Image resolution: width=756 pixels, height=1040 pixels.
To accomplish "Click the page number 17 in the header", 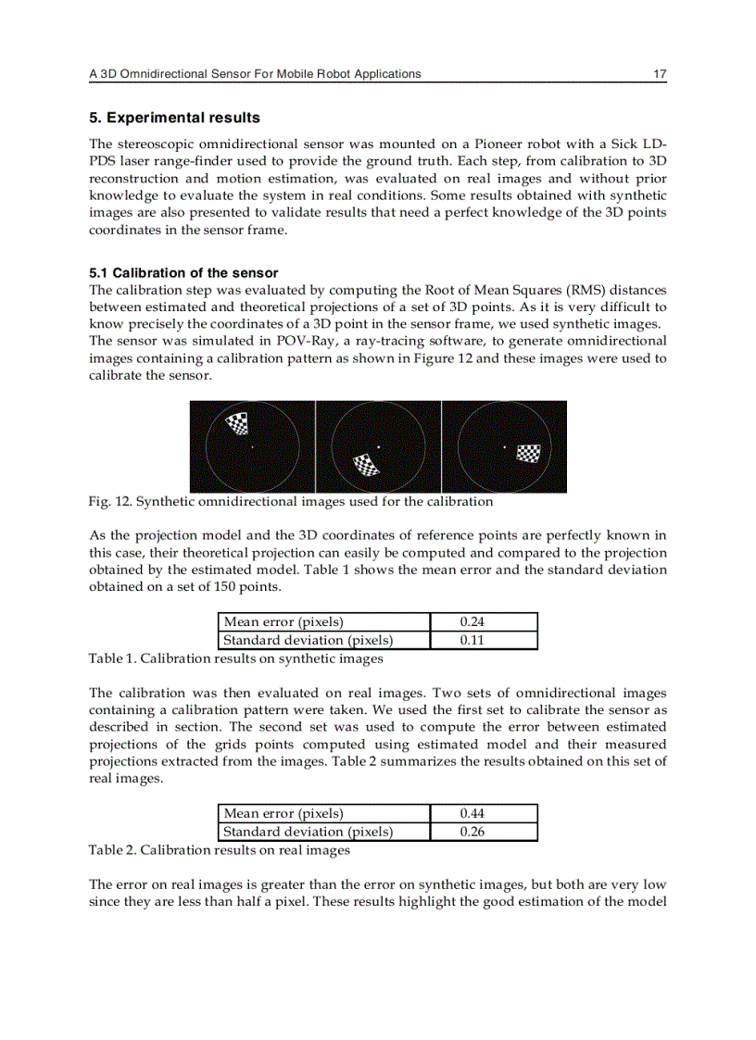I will pos(660,73).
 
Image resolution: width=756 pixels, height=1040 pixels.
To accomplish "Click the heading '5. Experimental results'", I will pos(174,118).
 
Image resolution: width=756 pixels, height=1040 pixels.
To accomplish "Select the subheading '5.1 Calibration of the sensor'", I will pos(183,273).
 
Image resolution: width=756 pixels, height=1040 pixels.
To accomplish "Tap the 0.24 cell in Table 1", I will pos(472,622).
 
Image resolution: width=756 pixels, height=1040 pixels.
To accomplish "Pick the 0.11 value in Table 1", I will pos(472,640).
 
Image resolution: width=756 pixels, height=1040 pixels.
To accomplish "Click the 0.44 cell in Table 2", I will pos(472,814).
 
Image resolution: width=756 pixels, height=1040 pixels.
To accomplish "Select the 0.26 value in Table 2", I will pos(472,832).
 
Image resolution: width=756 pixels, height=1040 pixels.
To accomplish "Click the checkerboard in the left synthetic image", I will pos(238,424).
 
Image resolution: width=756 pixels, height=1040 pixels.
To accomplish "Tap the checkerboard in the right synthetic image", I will pos(528,453).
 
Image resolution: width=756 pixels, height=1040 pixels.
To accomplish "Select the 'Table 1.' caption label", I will pos(112,659).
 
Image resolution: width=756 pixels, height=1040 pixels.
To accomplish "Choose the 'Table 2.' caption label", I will pos(112,850).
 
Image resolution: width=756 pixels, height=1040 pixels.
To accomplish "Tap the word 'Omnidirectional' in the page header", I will pos(158,73).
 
